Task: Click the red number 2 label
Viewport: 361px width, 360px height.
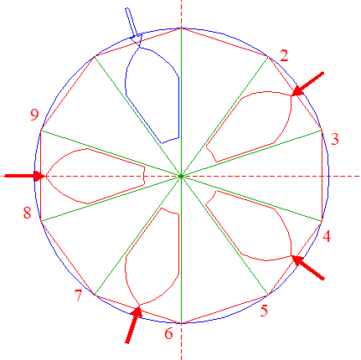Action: click(x=284, y=56)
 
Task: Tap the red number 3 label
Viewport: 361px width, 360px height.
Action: click(x=335, y=139)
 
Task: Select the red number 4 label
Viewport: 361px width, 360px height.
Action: click(x=327, y=236)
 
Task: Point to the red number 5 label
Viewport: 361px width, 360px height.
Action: click(x=264, y=311)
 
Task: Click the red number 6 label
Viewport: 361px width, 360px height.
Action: click(x=168, y=333)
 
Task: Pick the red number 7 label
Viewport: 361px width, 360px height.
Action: click(x=78, y=296)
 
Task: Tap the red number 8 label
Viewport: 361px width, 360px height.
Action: click(x=27, y=213)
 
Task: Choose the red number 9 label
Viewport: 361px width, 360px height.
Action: click(x=34, y=115)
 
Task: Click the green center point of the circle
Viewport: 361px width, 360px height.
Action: click(x=181, y=176)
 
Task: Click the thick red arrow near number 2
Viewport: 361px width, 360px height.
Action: click(x=307, y=84)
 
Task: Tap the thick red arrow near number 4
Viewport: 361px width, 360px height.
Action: click(x=307, y=267)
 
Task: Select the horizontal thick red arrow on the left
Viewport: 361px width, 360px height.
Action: click(x=25, y=176)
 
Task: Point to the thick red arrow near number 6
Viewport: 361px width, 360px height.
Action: click(x=133, y=325)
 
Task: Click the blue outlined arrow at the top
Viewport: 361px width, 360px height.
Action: click(x=133, y=26)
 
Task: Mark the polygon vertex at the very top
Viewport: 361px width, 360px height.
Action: click(x=181, y=28)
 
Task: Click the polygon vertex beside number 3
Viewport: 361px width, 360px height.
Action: click(x=322, y=130)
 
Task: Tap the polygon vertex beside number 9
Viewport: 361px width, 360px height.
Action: click(x=41, y=131)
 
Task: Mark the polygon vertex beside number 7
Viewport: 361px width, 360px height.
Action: click(x=95, y=295)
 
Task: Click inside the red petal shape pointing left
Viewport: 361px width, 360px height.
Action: click(x=95, y=176)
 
